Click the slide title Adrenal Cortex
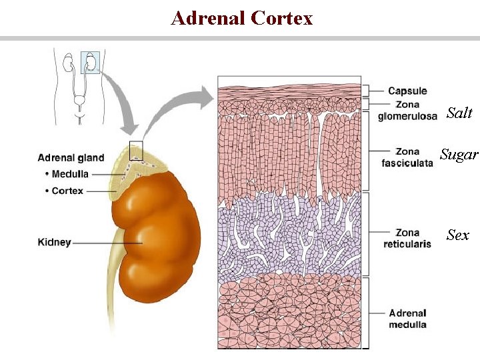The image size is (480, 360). tap(241, 18)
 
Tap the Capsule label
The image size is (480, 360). tap(407, 91)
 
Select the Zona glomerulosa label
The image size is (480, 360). tap(407, 111)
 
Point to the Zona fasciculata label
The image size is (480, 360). tap(407, 157)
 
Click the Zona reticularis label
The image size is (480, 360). tap(407, 238)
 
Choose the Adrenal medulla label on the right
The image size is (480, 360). tap(407, 319)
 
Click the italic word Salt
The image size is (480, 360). tap(459, 113)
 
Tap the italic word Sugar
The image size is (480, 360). tap(459, 155)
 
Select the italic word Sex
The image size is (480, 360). tap(458, 235)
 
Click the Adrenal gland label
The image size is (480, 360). tap(71, 158)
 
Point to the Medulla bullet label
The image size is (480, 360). tap(69, 175)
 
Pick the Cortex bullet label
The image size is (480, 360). tap(65, 191)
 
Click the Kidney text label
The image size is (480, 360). tap(54, 243)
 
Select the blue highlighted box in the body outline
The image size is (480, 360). tap(90, 61)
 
